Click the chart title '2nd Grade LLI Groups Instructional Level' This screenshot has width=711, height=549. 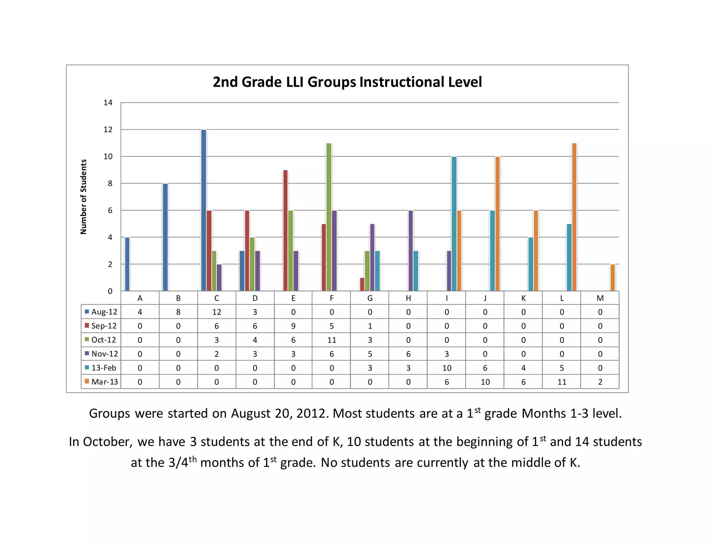point(347,82)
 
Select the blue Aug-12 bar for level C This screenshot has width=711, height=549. point(203,210)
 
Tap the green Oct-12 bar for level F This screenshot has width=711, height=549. point(328,217)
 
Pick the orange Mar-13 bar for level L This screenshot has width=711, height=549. point(574,217)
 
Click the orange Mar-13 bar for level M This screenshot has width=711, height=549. point(612,278)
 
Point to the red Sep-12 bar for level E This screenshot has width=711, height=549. point(285,230)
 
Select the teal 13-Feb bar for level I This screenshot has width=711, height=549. point(454,223)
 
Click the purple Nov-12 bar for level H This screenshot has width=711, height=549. point(411,251)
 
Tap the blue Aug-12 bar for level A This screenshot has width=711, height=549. point(127,264)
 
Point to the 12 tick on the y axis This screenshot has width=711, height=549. point(108,130)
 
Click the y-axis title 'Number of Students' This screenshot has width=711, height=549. point(83,197)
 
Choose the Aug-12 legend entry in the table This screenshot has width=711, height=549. point(101,312)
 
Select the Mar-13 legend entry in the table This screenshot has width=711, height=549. point(101,382)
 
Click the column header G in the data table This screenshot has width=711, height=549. point(370,298)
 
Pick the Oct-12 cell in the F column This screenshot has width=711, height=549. point(332,340)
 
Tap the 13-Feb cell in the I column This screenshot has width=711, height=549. point(447,368)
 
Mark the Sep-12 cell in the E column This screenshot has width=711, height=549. point(293,326)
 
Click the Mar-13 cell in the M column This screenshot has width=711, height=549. point(600,382)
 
